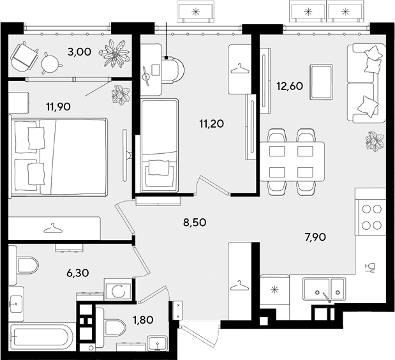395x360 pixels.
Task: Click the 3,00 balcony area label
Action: click(x=79, y=52)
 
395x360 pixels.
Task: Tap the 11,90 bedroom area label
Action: click(x=59, y=107)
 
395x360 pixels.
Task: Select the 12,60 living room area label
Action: click(x=290, y=86)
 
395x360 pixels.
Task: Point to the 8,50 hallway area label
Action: click(x=195, y=223)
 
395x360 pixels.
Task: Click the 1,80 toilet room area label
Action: click(x=143, y=320)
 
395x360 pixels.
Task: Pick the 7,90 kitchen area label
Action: click(x=315, y=237)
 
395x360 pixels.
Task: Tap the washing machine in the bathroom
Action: click(x=118, y=290)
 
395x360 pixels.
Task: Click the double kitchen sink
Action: click(x=324, y=289)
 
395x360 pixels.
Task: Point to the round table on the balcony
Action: click(x=51, y=63)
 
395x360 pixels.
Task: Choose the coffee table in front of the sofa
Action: click(x=321, y=82)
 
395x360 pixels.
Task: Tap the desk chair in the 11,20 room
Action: click(x=174, y=70)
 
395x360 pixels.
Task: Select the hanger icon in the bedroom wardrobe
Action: click(x=53, y=229)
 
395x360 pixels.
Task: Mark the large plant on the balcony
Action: click(x=115, y=54)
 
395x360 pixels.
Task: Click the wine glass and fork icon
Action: click(x=370, y=267)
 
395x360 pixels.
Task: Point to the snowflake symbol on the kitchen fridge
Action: click(x=274, y=289)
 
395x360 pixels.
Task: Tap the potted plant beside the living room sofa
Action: click(x=375, y=141)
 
